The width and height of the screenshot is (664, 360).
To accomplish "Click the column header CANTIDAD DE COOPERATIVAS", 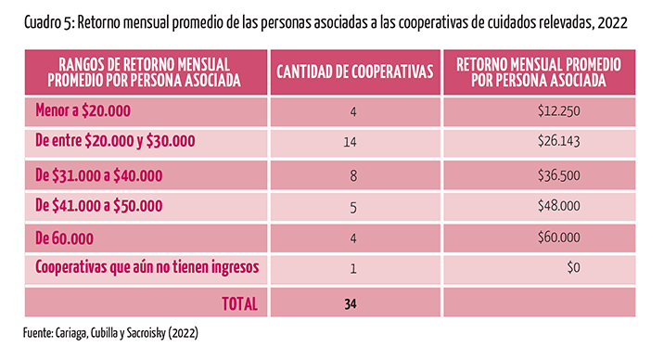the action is point(355,71).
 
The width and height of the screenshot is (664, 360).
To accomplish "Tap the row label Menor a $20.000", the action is point(83,110).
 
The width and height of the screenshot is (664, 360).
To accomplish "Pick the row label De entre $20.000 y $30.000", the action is point(115,141).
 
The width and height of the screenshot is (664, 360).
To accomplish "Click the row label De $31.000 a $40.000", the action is point(98,175).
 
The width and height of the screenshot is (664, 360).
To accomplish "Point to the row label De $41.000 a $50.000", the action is point(98,206).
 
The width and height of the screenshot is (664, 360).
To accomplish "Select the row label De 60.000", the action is point(64,238).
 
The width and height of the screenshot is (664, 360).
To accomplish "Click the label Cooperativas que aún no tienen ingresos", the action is point(147,267).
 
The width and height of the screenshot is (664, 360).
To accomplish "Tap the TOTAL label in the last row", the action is point(239,303).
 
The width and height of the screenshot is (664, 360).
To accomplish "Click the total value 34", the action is point(351,304).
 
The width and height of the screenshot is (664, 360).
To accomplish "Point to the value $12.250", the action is point(559,111).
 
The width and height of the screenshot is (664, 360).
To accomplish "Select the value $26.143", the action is point(559,141).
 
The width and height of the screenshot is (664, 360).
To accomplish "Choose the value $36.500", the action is point(559,175).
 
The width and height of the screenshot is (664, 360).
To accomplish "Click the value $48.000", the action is point(559,206).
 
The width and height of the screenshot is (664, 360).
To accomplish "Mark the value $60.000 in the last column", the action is point(559,238).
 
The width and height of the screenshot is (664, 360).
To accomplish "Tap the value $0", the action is point(573,267).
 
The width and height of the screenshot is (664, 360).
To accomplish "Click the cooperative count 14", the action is point(350,142).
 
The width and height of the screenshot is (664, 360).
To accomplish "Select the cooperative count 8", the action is point(353,175).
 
